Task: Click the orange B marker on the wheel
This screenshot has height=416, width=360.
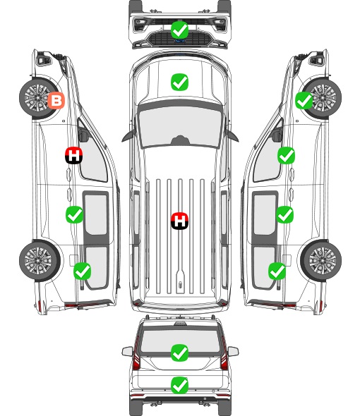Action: tap(56, 101)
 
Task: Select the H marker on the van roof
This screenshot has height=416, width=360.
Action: tap(179, 221)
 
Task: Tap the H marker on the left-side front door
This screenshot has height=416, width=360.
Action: tap(73, 155)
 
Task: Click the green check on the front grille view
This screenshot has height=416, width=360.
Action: tap(179, 30)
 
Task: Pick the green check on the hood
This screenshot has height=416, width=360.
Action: tap(179, 82)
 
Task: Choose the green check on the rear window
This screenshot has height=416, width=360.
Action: tap(179, 353)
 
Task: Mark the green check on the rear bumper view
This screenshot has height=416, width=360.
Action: tap(179, 385)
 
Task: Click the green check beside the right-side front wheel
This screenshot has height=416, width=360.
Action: tap(304, 101)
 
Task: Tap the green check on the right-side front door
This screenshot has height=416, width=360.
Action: tap(286, 155)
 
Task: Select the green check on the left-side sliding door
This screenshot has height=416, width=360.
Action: tap(74, 214)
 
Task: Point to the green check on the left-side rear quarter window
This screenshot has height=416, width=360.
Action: tap(82, 271)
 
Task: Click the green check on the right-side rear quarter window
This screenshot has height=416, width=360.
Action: tap(277, 271)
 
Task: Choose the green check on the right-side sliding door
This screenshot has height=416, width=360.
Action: tap(284, 214)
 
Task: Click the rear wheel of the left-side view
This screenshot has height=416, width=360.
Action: tap(40, 261)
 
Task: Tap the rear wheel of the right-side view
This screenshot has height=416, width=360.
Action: tap(321, 261)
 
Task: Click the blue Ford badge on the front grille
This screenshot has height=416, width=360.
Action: tap(180, 41)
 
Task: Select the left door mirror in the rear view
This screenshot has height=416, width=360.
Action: tap(127, 352)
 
